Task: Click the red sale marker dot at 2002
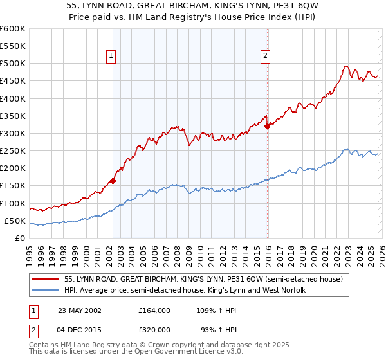click(x=113, y=181)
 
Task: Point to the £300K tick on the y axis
click(x=13, y=134)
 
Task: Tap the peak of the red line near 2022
click(x=346, y=66)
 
